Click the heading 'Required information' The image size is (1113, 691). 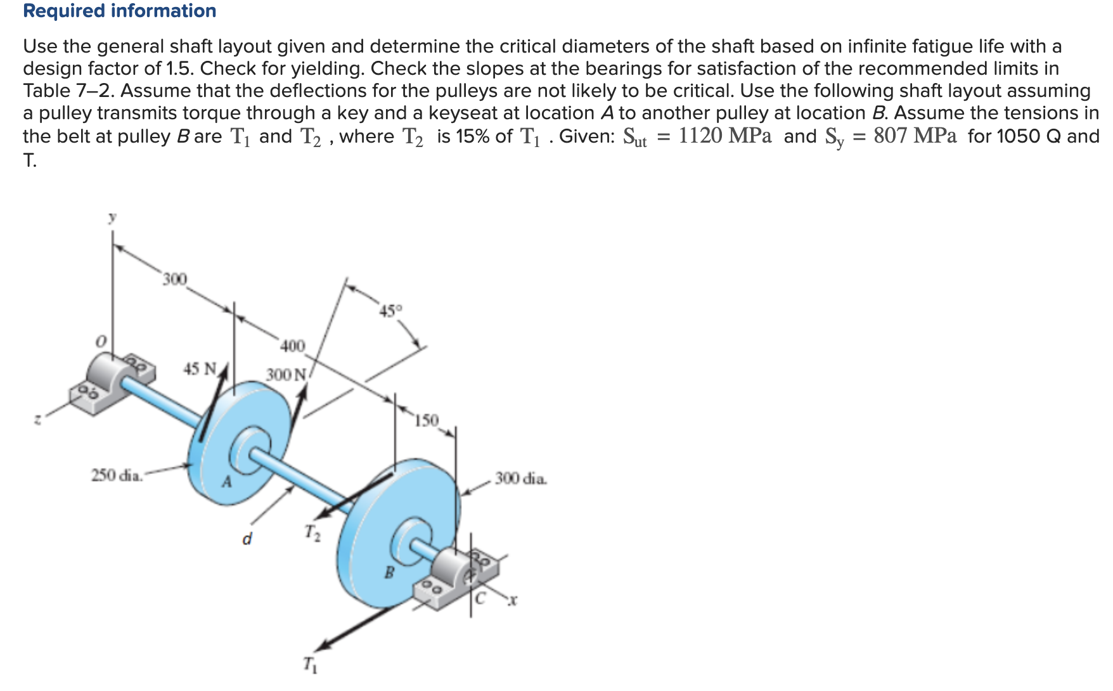coord(119,11)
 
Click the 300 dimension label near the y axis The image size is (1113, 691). coord(174,279)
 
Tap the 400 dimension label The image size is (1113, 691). coord(292,346)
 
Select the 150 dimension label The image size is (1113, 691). coord(427,420)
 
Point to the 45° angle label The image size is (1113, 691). coord(390,311)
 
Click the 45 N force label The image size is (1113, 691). coord(200,368)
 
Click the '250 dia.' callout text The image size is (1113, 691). coord(117,475)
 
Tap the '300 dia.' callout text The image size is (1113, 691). coord(520,478)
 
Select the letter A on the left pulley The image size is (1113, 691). coord(226,482)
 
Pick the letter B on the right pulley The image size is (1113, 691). coord(390,573)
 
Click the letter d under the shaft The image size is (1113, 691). coord(247,539)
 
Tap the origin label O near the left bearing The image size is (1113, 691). coord(100,341)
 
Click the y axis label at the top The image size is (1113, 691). coord(112,217)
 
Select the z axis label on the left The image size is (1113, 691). coord(38,419)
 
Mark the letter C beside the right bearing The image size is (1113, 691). coord(480,597)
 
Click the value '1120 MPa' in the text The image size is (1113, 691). coord(724,136)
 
